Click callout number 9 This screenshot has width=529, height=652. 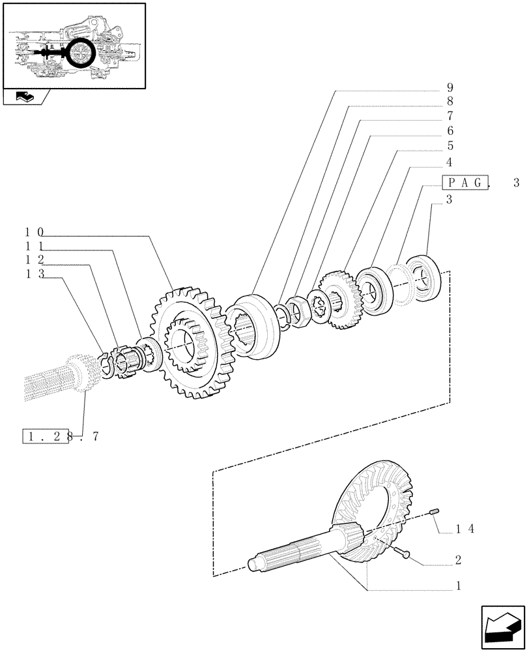pyautogui.click(x=450, y=87)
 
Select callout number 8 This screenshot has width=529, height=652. pyautogui.click(x=450, y=102)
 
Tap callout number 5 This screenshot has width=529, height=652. pyautogui.click(x=450, y=146)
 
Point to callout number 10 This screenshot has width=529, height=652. pyautogui.click(x=35, y=232)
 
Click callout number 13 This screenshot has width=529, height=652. pyautogui.click(x=35, y=274)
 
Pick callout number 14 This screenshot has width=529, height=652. pyautogui.click(x=465, y=529)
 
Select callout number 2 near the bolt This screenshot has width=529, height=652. pyautogui.click(x=459, y=560)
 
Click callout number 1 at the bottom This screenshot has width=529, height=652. pyautogui.click(x=459, y=586)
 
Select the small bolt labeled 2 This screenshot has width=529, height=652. pyautogui.click(x=403, y=553)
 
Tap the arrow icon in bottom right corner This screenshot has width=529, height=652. pyautogui.click(x=502, y=627)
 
